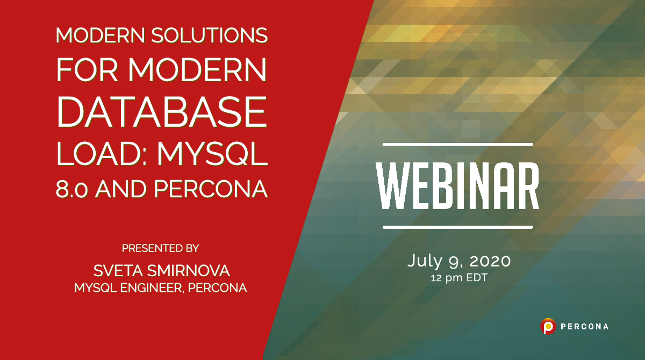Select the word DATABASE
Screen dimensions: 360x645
(162, 111)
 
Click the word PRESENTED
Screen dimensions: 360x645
(145, 248)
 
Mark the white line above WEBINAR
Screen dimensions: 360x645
(457, 145)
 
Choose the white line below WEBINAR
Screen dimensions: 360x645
(457, 227)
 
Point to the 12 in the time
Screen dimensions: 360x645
(436, 279)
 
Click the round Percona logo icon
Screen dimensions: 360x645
(548, 326)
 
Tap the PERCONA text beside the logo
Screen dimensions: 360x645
(584, 326)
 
